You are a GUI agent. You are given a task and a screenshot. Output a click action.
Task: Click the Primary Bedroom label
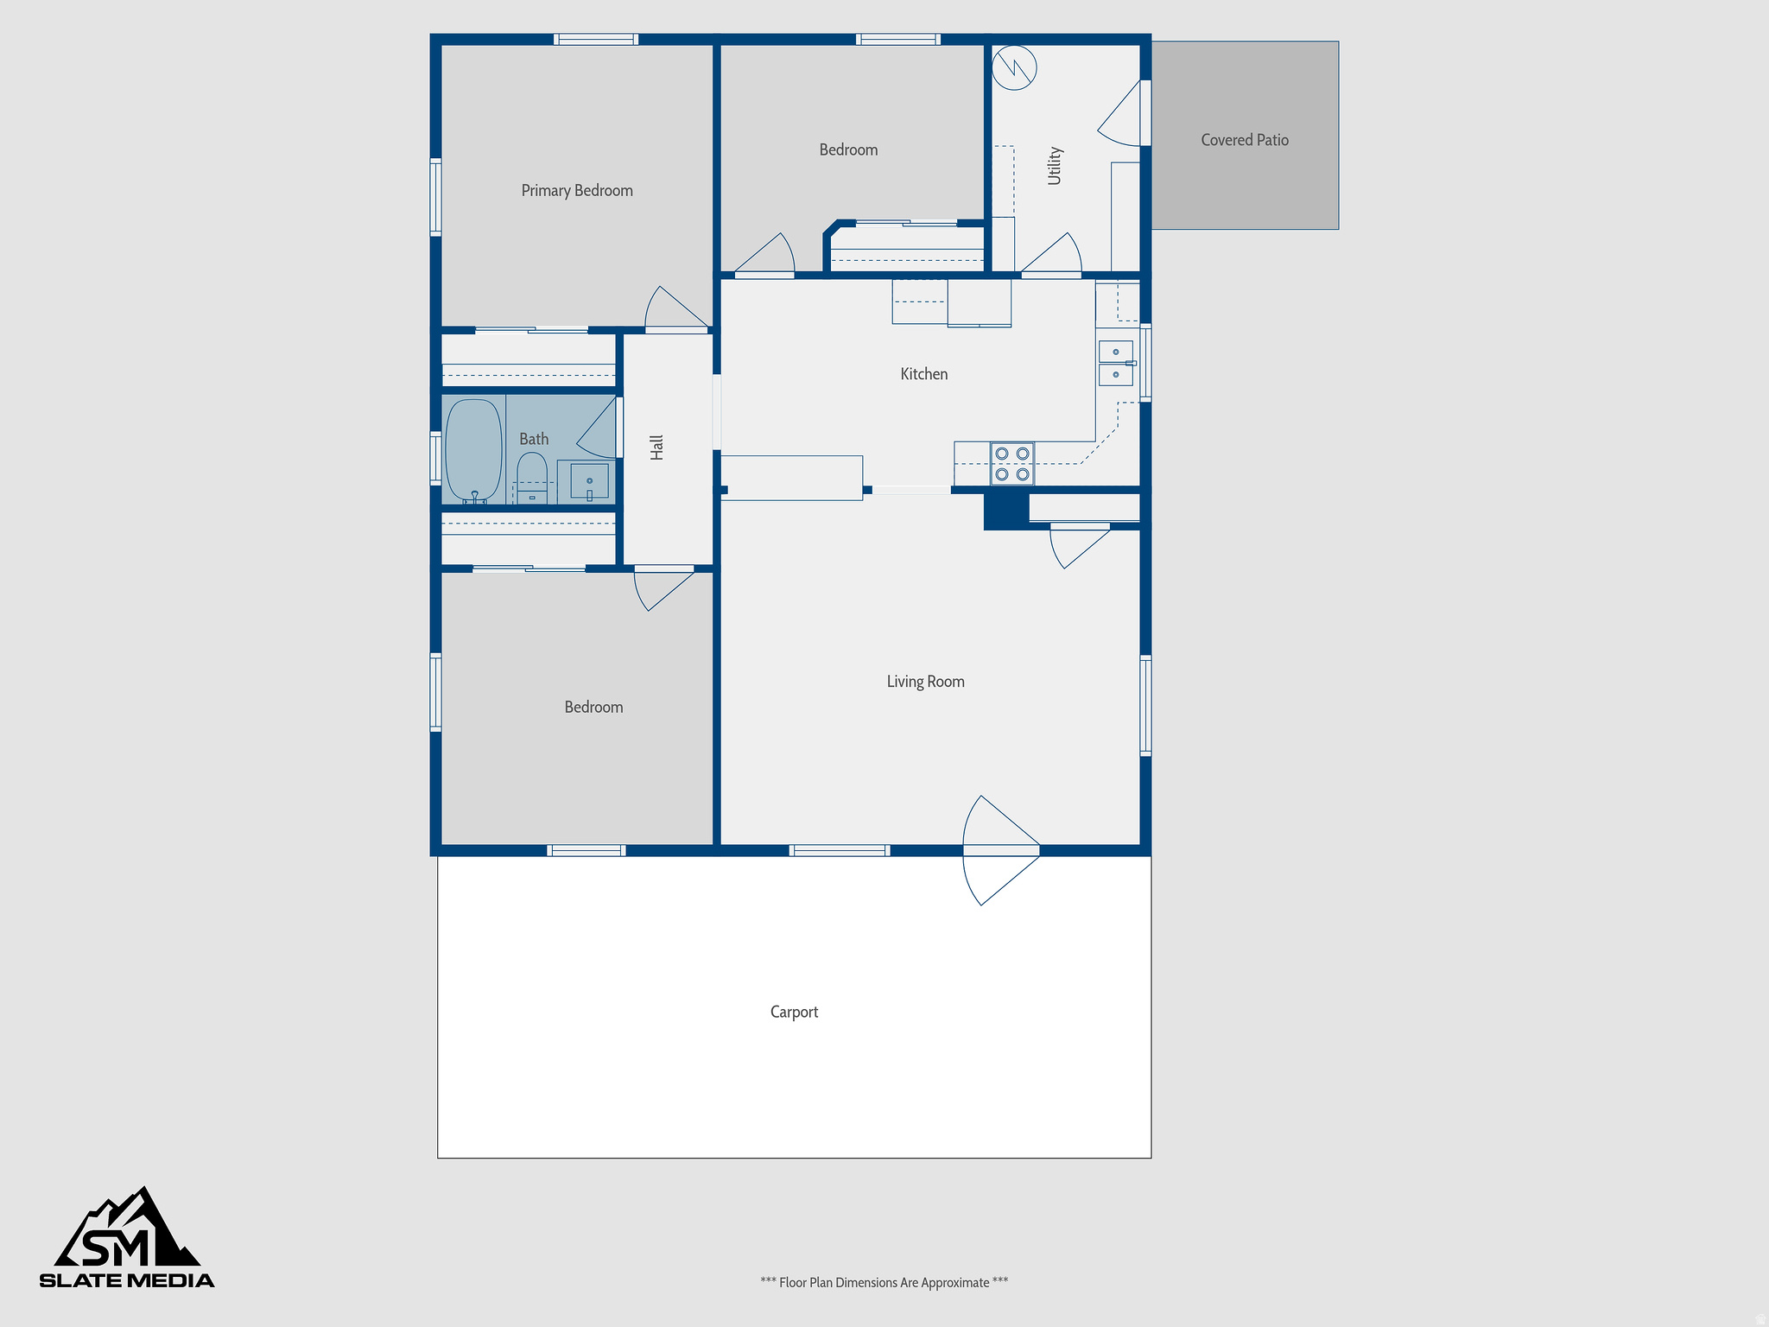pos(577,191)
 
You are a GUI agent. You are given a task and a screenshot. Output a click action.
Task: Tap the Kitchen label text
pos(923,374)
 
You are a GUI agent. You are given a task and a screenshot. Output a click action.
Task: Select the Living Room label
pos(925,682)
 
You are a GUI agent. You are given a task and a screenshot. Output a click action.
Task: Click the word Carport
pos(794,1012)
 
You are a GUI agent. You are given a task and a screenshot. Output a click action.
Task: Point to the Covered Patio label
pos(1244,140)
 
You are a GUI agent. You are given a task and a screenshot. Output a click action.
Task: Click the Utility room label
pos(1054,165)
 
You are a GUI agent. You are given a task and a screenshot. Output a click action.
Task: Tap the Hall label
pos(656,447)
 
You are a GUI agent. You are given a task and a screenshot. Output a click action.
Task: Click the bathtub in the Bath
pos(473,449)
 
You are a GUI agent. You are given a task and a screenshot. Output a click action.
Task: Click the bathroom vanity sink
pos(589,481)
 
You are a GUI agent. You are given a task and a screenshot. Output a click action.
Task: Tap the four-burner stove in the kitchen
pos(1011,464)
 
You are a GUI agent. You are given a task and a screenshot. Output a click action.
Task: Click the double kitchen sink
pos(1115,363)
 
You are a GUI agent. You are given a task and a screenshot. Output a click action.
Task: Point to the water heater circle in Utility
pos(1014,67)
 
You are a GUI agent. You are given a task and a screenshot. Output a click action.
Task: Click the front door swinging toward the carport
pos(999,851)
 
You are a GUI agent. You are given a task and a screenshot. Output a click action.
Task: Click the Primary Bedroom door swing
pos(674,309)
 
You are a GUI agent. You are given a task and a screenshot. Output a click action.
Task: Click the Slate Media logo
pos(127,1239)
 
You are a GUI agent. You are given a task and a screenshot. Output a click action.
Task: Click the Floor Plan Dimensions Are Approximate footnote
pos(884,1282)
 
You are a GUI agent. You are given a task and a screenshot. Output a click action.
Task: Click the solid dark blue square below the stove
pos(1006,510)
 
